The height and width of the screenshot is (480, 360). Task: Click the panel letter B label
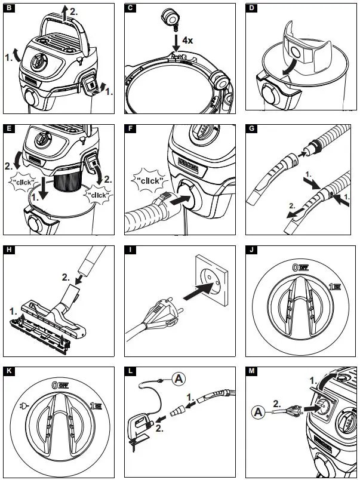(9, 8)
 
